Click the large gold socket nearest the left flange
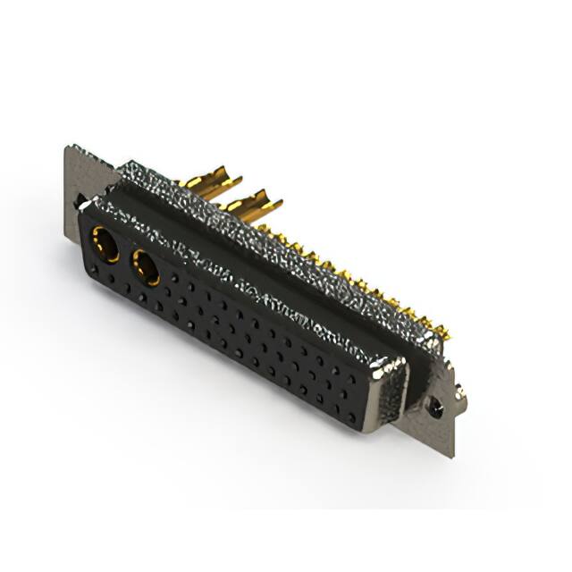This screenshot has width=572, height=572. point(105,243)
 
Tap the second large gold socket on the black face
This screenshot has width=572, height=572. point(145,266)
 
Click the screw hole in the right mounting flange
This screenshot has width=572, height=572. point(435,408)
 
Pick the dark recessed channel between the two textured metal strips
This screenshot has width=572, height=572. point(268,268)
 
